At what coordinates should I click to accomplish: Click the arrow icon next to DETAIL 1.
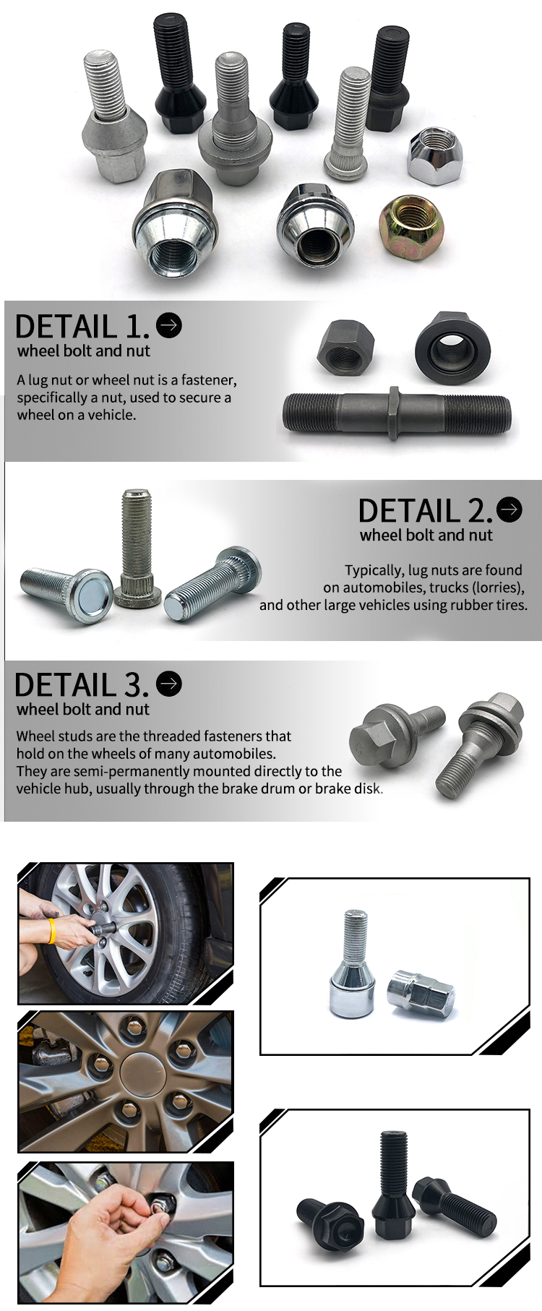click(168, 325)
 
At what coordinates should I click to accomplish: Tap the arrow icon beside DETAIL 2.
click(509, 510)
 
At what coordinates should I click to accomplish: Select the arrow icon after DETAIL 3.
click(169, 683)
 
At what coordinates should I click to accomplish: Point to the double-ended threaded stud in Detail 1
click(397, 414)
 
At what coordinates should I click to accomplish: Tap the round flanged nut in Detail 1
click(443, 343)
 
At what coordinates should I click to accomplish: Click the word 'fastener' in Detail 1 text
click(208, 380)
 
